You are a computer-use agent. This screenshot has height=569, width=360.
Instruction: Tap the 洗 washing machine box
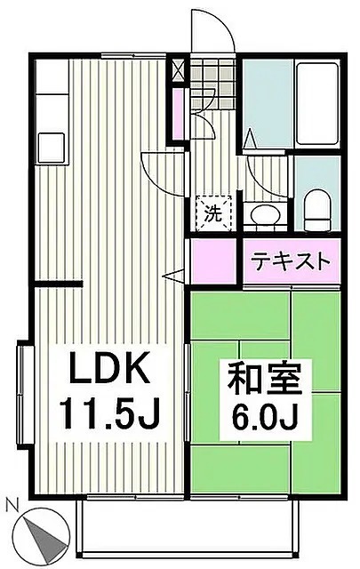[213, 212]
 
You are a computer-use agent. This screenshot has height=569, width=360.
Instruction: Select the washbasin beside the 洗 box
[262, 214]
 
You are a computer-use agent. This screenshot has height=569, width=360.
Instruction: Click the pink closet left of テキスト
[214, 261]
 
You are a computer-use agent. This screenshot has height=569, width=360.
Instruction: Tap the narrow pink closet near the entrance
[180, 116]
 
